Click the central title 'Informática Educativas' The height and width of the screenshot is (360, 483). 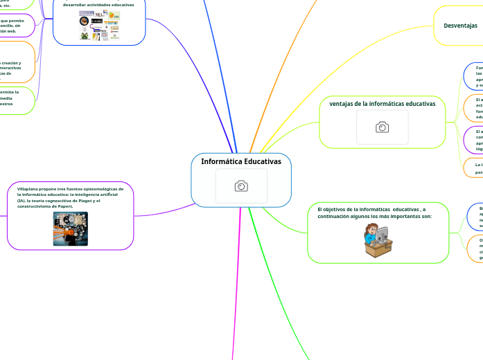click(x=241, y=161)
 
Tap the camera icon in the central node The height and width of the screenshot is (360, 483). click(x=241, y=186)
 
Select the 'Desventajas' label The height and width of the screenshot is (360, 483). click(x=460, y=25)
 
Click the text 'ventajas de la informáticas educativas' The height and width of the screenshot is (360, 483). click(x=382, y=104)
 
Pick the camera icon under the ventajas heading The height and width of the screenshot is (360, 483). click(x=382, y=127)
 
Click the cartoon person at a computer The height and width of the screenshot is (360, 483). click(x=378, y=241)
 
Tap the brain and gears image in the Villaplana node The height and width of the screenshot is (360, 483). click(x=70, y=228)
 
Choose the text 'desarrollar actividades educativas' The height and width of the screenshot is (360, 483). click(x=98, y=4)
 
